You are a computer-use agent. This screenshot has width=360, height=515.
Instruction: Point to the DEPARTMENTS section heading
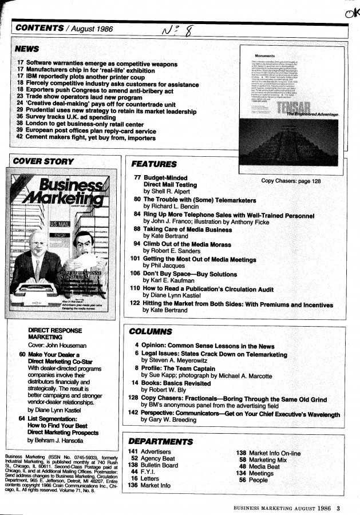pyautogui.click(x=161, y=441)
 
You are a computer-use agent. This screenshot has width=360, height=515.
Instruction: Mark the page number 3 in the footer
pyautogui.click(x=338, y=506)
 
